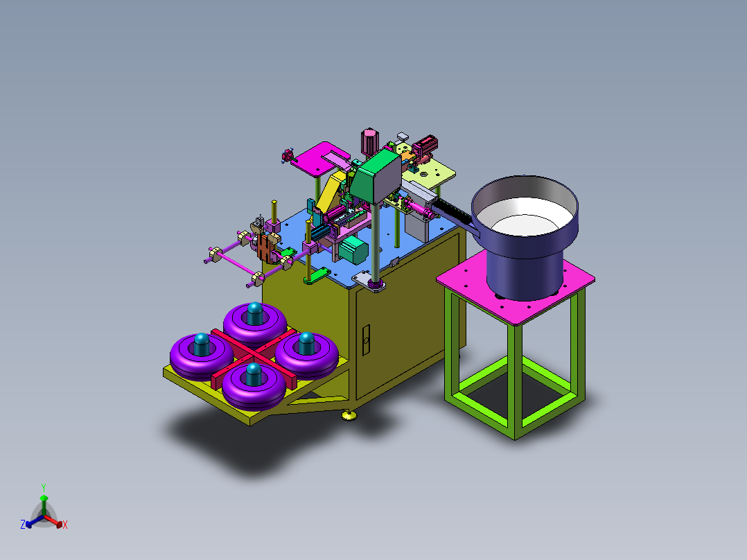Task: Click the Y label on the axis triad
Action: point(44,487)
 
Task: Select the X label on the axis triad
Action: point(65,525)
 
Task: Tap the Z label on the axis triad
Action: point(23,524)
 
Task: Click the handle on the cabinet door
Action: point(366,340)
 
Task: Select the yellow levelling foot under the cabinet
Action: point(349,416)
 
